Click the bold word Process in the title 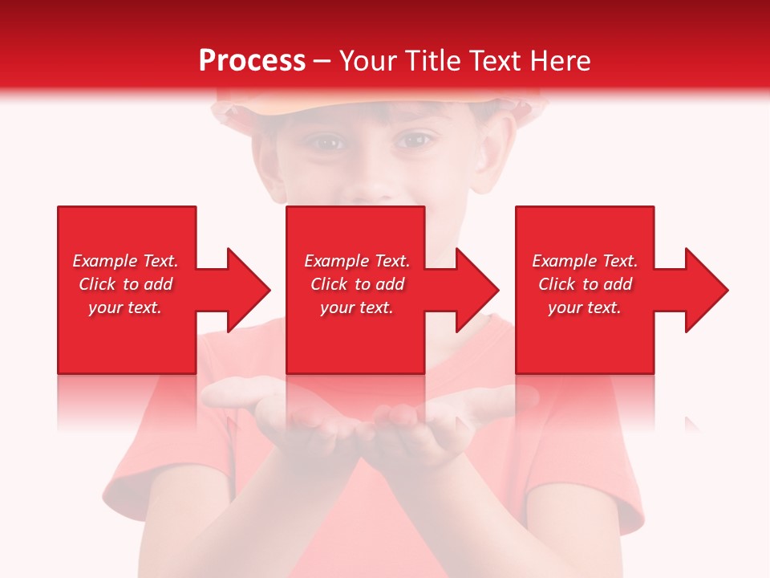pyautogui.click(x=252, y=61)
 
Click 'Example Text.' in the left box pyautogui.click(x=125, y=261)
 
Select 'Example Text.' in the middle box pyautogui.click(x=357, y=261)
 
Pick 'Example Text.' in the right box pyautogui.click(x=585, y=261)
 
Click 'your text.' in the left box pyautogui.click(x=125, y=307)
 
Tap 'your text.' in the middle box pyautogui.click(x=357, y=307)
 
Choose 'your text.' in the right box pyautogui.click(x=585, y=307)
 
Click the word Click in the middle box pyautogui.click(x=327, y=284)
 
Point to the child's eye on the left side pyautogui.click(x=325, y=143)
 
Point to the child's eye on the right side pyautogui.click(x=414, y=141)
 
